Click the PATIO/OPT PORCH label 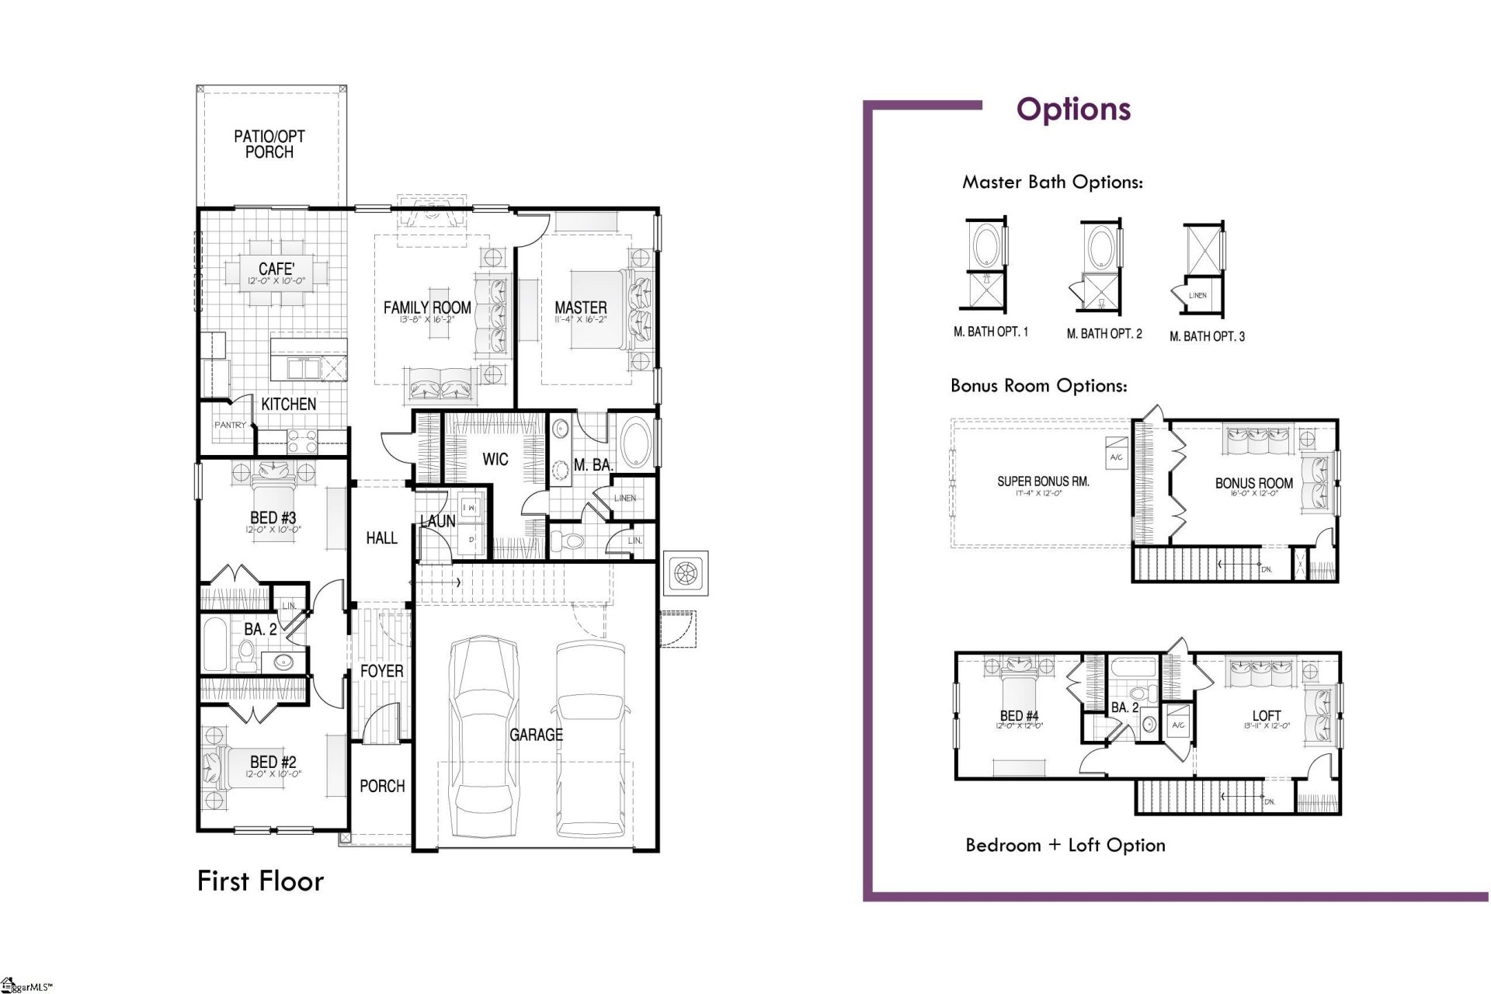click(x=269, y=144)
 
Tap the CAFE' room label click(x=276, y=269)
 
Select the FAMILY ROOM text click(x=427, y=308)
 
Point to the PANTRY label click(x=230, y=426)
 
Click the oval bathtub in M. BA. click(x=636, y=443)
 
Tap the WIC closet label click(x=495, y=459)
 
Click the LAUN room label click(x=438, y=522)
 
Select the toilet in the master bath click(x=571, y=540)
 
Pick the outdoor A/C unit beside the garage click(x=686, y=574)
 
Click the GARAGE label click(x=536, y=735)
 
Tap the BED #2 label click(x=273, y=763)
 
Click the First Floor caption click(x=260, y=881)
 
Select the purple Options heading click(x=1073, y=109)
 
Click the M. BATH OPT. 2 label click(x=1103, y=334)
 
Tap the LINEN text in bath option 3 click(x=1197, y=296)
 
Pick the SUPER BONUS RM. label click(x=1043, y=481)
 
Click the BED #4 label click(x=1019, y=716)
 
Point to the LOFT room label click(x=1266, y=716)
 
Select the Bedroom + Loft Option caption click(x=1065, y=845)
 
